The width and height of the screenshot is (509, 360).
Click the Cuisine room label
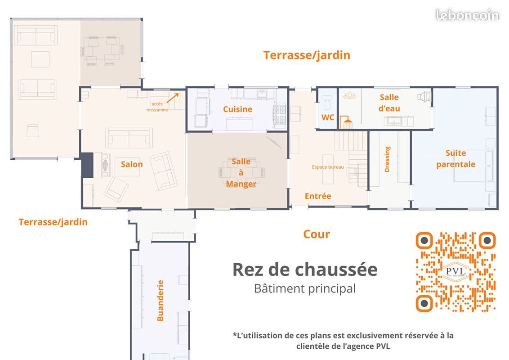point(237,109)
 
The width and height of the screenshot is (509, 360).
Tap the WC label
point(328,117)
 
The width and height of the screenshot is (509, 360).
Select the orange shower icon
point(347,121)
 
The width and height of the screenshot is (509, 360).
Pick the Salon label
point(132,164)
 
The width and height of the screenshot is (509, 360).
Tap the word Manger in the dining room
point(241,184)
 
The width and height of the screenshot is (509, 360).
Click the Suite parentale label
point(455,159)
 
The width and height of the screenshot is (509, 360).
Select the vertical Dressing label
point(387,159)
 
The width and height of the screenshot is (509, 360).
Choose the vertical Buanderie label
point(160,300)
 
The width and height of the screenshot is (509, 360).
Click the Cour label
point(317,234)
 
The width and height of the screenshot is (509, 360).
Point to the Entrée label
point(318,196)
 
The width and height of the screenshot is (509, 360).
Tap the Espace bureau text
point(328,167)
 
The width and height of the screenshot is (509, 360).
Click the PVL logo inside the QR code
point(456,271)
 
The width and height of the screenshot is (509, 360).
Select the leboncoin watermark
point(467,15)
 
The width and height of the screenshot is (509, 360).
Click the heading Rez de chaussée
point(304,270)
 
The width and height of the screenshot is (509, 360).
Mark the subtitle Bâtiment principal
point(304,288)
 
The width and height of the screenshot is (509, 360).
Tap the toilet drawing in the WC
point(328,101)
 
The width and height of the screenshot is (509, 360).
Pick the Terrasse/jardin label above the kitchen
point(307,55)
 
